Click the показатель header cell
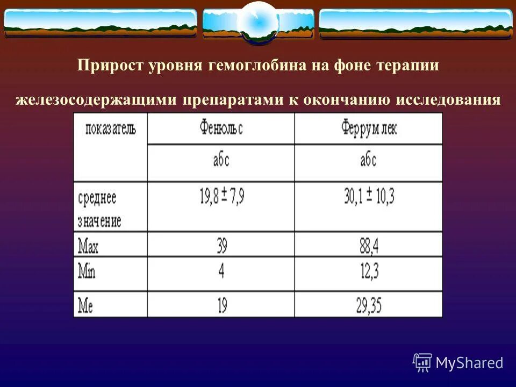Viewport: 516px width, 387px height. click(x=111, y=129)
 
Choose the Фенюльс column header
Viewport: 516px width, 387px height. click(x=221, y=129)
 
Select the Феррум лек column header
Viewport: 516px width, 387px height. click(x=369, y=129)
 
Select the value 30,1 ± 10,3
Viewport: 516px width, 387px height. click(x=369, y=197)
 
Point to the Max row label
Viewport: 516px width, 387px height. click(x=89, y=246)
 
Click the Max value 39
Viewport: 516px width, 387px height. click(x=221, y=246)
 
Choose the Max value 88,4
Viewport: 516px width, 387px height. click(x=369, y=246)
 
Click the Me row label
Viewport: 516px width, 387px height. click(x=86, y=306)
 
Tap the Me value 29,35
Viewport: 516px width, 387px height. click(x=369, y=306)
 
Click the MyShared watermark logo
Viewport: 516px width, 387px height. click(x=458, y=363)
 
